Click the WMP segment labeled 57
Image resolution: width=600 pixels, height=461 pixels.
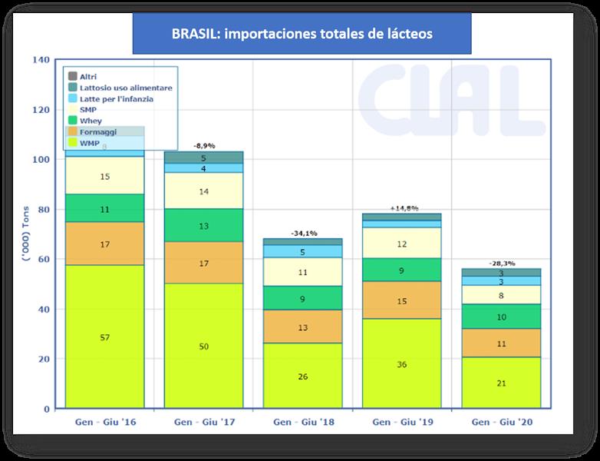(105, 337)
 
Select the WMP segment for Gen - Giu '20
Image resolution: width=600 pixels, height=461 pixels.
(502, 383)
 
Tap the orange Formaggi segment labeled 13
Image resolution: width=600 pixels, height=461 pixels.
(304, 327)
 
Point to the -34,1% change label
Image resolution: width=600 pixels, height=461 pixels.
(304, 232)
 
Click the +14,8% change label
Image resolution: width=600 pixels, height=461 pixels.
(403, 207)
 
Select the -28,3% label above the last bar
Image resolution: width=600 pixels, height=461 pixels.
(502, 263)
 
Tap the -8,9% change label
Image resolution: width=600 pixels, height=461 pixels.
(204, 144)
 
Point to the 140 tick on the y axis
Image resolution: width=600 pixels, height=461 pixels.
(41, 60)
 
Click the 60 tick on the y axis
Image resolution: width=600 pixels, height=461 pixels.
(43, 260)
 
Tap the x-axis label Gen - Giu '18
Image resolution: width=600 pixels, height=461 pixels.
(304, 423)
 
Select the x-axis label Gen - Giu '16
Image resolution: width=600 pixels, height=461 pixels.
(105, 423)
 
